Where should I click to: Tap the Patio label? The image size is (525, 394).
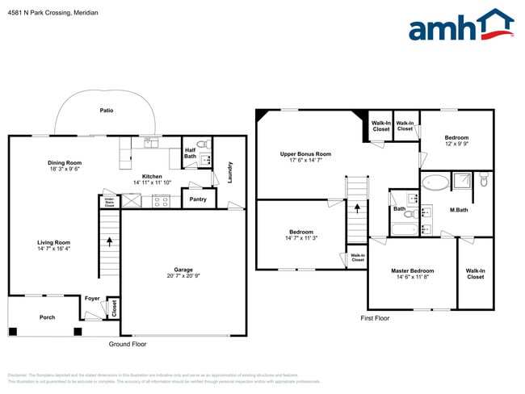[x=106, y=110]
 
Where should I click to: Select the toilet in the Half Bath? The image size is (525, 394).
[x=204, y=145]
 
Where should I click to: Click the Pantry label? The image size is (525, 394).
[x=197, y=199]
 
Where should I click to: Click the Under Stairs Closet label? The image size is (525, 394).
[x=108, y=201]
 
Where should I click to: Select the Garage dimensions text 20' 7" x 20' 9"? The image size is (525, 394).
[x=183, y=277]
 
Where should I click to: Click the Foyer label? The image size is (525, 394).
[x=93, y=298]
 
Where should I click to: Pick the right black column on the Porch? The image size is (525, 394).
[x=78, y=331]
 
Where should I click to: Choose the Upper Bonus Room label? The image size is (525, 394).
[x=305, y=153]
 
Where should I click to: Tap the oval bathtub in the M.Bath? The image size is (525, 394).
[x=435, y=182]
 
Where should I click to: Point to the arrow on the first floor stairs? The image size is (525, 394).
[x=356, y=212]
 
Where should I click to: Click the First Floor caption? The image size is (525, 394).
[x=375, y=318]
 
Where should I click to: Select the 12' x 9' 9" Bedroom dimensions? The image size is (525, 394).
[x=456, y=145]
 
